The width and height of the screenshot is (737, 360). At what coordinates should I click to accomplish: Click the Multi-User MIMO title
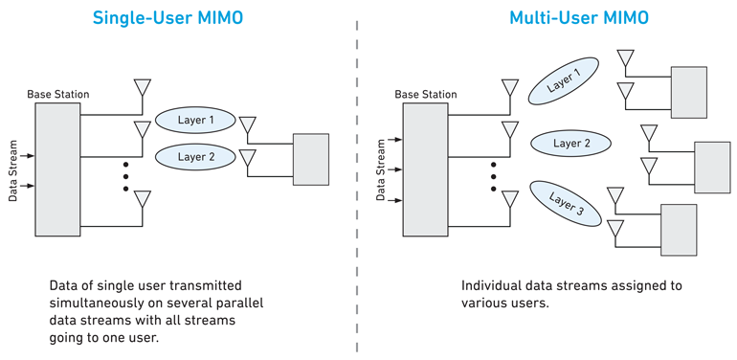553,18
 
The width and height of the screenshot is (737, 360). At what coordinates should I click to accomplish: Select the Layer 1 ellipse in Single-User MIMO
195,121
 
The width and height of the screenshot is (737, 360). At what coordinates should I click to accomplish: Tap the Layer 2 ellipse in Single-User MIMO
195,156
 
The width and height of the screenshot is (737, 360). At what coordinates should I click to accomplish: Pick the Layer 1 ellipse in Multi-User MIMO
565,80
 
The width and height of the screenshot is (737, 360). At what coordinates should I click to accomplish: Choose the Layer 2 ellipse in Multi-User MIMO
571,144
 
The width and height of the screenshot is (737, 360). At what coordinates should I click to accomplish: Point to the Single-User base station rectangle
57,169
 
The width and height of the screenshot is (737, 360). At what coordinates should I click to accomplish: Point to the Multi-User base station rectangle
425,169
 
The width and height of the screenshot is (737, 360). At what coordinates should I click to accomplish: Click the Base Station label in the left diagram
58,94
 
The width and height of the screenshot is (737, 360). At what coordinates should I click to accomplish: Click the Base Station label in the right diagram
426,94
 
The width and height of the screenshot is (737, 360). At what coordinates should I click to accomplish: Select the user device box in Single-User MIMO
310,159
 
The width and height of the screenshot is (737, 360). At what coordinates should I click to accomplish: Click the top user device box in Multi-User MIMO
689,92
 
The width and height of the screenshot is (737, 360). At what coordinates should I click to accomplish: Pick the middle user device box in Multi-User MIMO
711,167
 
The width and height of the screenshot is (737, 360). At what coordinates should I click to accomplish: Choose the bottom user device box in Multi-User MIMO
678,230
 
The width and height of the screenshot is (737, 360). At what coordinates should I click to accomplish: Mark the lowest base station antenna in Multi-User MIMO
510,199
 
